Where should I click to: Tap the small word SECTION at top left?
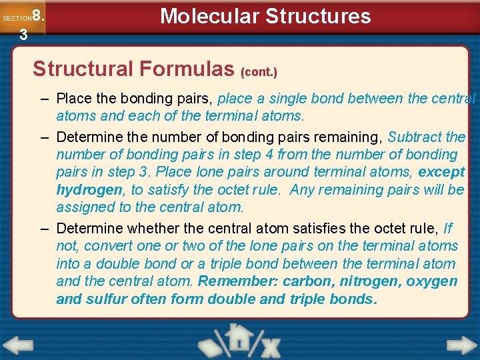16,19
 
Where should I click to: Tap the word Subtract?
416,137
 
